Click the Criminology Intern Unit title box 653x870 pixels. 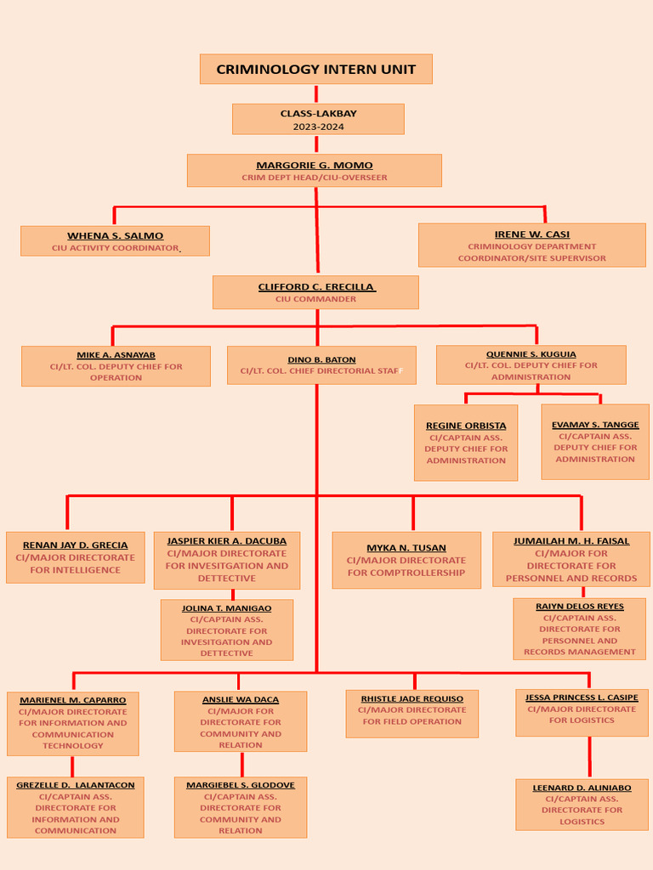(315, 69)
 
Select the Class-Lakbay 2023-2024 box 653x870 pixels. (318, 119)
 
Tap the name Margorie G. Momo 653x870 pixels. (314, 165)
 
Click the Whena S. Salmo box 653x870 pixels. (115, 240)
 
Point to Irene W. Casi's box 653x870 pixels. (531, 245)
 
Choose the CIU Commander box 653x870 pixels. (315, 292)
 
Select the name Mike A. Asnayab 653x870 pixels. (116, 355)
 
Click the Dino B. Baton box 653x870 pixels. (321, 364)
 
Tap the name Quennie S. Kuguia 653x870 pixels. (531, 354)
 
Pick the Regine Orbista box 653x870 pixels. (466, 442)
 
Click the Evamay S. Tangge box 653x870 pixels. (594, 441)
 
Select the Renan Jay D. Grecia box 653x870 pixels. (75, 557)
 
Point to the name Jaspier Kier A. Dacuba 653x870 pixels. (226, 540)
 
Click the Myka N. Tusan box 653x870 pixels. (406, 560)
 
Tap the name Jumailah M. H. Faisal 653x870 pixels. (571, 540)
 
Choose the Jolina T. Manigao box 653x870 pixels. (226, 630)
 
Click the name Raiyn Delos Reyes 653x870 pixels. (579, 607)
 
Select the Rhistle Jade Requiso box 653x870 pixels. (412, 713)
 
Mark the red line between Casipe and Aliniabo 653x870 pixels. (589, 757)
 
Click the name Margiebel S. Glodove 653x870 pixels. (241, 785)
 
